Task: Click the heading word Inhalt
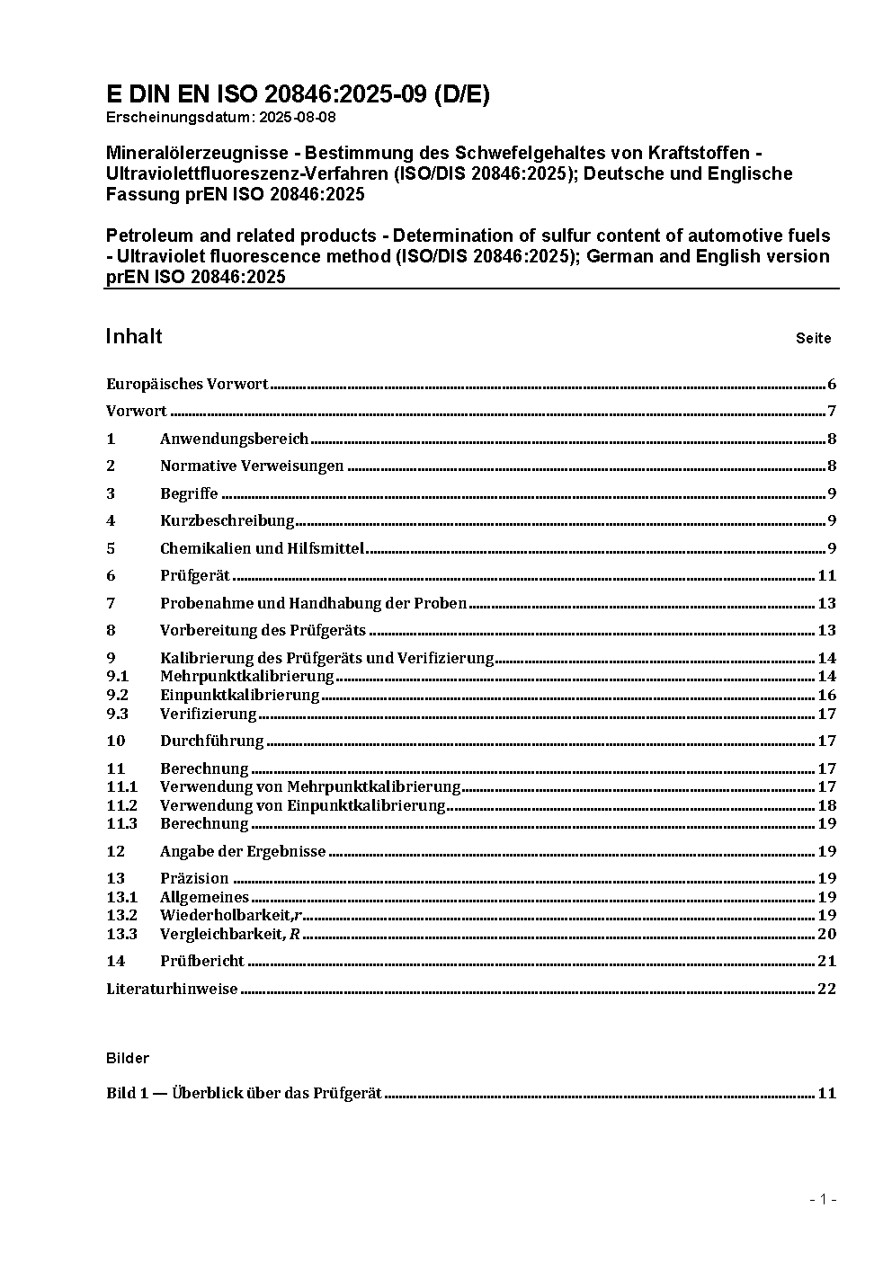[x=134, y=337]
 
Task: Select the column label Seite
[x=813, y=339]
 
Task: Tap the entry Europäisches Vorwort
[x=187, y=385]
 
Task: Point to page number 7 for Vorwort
[x=832, y=412]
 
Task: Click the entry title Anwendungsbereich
[x=234, y=440]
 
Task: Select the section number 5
[x=111, y=548]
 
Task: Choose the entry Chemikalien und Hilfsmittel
[x=262, y=548]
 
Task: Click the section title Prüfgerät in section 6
[x=195, y=576]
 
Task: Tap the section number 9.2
[x=117, y=696]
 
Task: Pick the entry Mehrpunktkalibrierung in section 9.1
[x=246, y=677]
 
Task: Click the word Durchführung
[x=211, y=742]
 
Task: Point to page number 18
[x=826, y=805]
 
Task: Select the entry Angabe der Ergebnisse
[x=243, y=851]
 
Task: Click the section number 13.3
[x=121, y=934]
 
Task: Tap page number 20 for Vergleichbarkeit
[x=826, y=934]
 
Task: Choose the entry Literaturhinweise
[x=172, y=990]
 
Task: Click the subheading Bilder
[x=128, y=1059]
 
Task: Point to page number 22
[x=826, y=990]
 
